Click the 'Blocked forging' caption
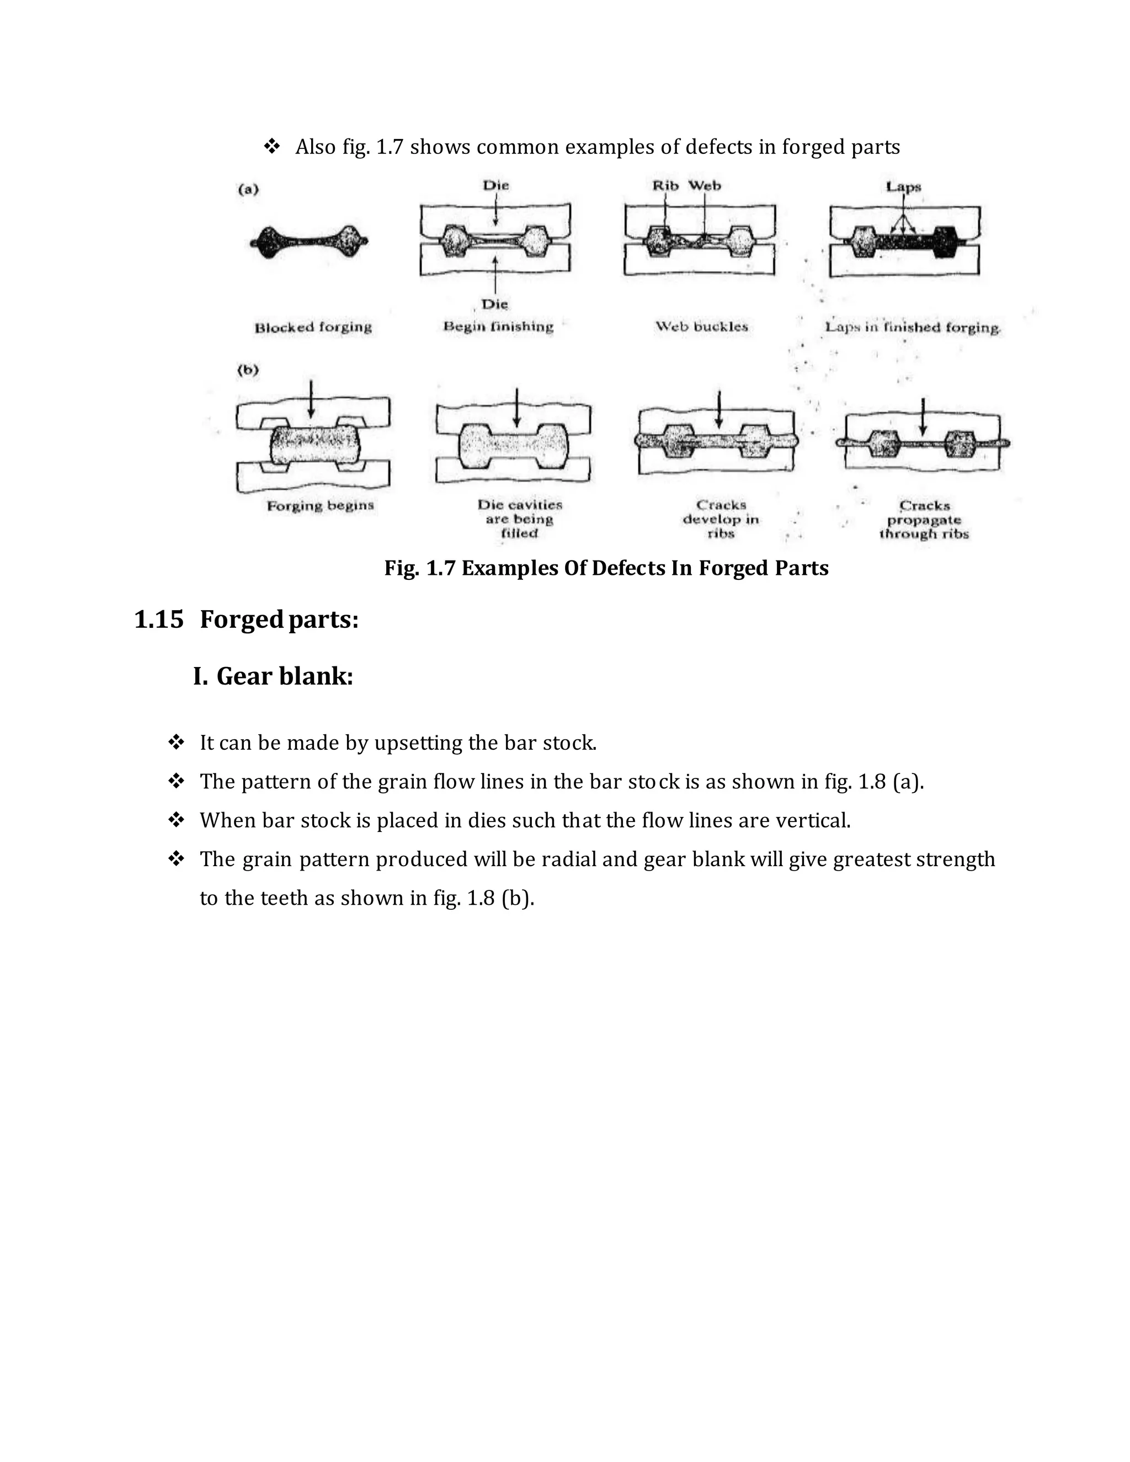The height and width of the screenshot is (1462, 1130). [x=313, y=327]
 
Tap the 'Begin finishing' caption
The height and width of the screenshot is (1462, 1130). [x=498, y=327]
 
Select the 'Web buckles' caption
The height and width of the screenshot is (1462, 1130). [x=701, y=327]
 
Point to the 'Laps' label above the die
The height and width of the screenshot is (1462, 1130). [x=903, y=187]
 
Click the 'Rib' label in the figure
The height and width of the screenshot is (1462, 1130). [x=665, y=185]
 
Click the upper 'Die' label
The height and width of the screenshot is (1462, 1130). [x=495, y=185]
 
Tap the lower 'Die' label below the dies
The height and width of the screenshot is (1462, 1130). [x=495, y=305]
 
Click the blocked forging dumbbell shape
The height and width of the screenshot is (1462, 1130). [x=310, y=242]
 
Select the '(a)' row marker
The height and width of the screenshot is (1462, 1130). [x=248, y=189]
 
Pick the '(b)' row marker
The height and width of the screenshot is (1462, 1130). [x=248, y=370]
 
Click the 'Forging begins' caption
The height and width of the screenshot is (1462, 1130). [x=320, y=506]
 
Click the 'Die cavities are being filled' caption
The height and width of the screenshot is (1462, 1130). [x=519, y=519]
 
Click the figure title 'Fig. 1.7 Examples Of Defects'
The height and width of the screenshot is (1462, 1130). [x=606, y=568]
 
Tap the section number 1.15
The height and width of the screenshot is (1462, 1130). [x=159, y=620]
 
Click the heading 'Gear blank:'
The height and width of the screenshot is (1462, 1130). [x=285, y=676]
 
